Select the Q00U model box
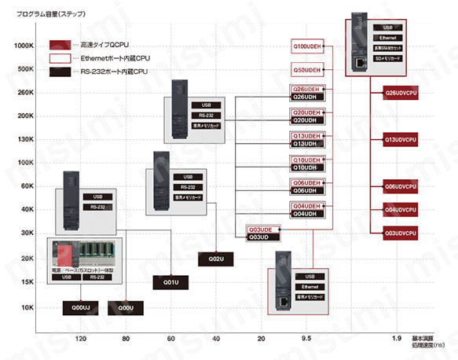[x=126, y=308]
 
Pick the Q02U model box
[x=216, y=259]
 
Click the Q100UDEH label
[x=306, y=45]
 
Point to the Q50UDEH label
[x=306, y=70]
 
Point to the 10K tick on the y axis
[x=26, y=307]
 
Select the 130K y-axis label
[x=24, y=139]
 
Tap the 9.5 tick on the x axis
[x=307, y=339]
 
